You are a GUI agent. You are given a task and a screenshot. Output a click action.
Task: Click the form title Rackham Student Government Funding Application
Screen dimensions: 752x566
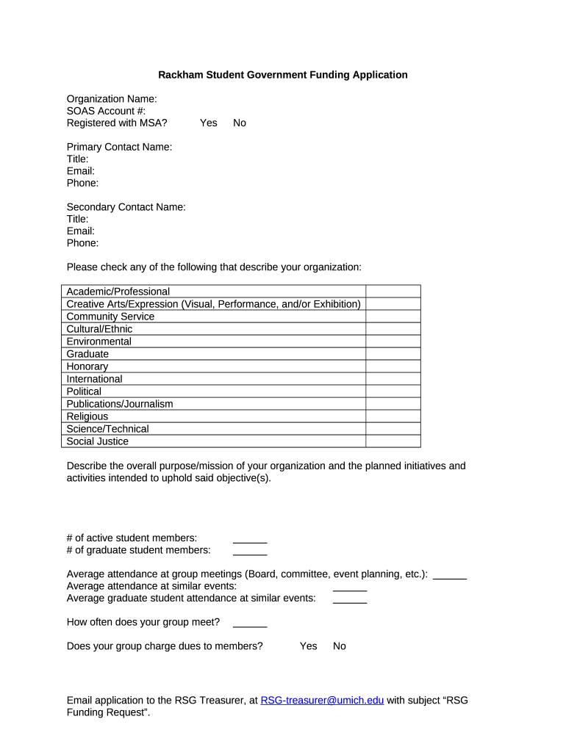click(283, 75)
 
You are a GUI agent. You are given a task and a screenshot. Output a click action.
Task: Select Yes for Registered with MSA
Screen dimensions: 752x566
click(208, 123)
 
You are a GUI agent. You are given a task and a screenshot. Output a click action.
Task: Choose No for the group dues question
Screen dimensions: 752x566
click(339, 646)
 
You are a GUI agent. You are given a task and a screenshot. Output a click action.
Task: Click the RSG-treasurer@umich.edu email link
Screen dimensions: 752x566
click(322, 701)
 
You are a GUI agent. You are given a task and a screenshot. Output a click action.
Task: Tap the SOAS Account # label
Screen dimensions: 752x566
click(106, 111)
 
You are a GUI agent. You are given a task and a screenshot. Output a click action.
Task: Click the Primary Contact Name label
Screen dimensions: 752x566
click(119, 147)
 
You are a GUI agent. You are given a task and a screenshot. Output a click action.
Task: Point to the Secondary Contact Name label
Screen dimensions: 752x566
click(126, 207)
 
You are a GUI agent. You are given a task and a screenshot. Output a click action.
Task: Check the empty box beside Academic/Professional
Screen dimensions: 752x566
click(393, 292)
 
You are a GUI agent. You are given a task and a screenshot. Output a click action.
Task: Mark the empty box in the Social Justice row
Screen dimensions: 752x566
click(393, 441)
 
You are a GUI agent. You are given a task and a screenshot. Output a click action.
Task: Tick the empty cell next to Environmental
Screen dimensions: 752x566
click(393, 341)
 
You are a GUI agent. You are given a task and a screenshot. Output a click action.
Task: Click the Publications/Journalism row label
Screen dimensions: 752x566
click(120, 404)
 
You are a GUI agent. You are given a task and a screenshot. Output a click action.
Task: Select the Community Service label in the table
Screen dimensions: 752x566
click(110, 317)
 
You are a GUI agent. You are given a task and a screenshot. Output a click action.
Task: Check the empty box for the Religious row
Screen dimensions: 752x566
click(393, 416)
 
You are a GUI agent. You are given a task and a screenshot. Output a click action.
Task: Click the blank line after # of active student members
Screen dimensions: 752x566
click(250, 539)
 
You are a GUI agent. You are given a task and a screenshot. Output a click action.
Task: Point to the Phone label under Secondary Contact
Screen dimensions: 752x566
click(82, 243)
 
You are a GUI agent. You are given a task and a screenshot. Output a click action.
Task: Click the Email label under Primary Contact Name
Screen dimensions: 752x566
click(80, 171)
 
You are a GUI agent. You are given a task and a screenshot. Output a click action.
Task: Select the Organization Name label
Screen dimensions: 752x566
click(112, 99)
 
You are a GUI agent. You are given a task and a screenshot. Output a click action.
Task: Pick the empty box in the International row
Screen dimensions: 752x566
click(393, 379)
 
